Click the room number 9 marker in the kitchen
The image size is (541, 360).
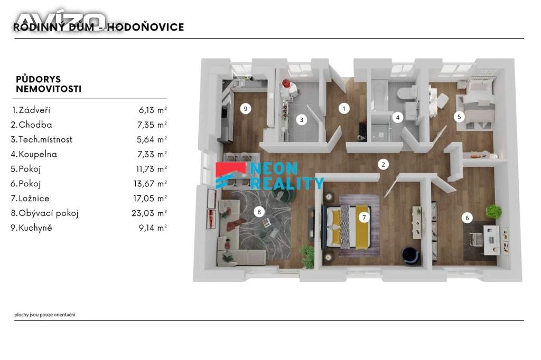tap(245, 109)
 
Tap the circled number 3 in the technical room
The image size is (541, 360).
tap(302, 120)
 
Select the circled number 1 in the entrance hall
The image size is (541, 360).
tap(343, 109)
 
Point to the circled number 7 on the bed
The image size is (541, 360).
tap(364, 217)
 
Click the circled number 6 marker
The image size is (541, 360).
tap(467, 218)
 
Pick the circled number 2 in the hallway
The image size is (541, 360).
tap(383, 165)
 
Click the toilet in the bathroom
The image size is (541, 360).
tap(406, 93)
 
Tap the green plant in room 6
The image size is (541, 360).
tap(494, 211)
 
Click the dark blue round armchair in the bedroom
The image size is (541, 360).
tap(411, 255)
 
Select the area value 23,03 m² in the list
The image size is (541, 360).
tap(149, 213)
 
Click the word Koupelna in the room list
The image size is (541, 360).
tap(38, 154)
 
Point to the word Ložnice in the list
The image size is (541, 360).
tap(34, 198)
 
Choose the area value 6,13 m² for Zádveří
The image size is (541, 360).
tap(153, 110)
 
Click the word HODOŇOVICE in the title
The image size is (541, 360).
tap(145, 27)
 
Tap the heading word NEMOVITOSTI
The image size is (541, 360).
tap(49, 89)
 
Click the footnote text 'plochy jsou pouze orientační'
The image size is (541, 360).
tap(45, 315)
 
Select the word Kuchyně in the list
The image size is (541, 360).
tap(35, 228)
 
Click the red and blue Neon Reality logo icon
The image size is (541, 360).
tap(230, 176)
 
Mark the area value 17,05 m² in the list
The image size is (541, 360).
tap(150, 198)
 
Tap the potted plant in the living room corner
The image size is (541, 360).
tap(307, 256)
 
